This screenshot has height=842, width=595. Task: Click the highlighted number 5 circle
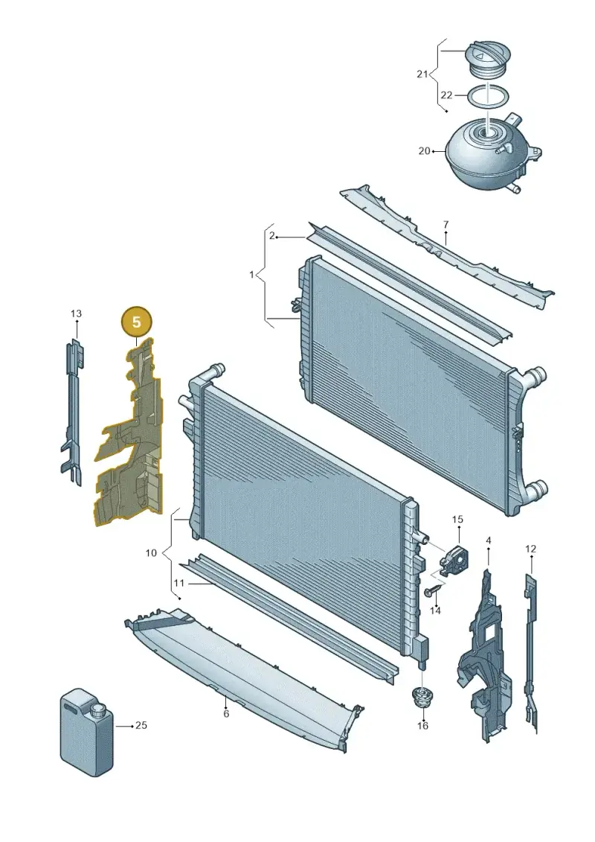tap(137, 322)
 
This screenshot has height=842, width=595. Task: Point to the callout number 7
tap(446, 225)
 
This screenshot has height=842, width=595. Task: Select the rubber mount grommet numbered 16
tap(422, 698)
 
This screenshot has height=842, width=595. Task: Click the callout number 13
tap(76, 313)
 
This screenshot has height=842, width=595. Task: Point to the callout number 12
tap(530, 549)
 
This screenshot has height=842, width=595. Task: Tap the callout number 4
tap(488, 540)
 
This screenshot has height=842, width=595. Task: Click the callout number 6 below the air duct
tap(226, 714)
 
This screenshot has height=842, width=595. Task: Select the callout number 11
tap(178, 583)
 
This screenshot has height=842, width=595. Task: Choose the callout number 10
tap(151, 552)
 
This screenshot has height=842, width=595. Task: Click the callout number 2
tap(272, 236)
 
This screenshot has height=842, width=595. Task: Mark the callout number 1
tap(251, 275)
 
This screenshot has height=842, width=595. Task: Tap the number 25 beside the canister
tap(141, 725)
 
